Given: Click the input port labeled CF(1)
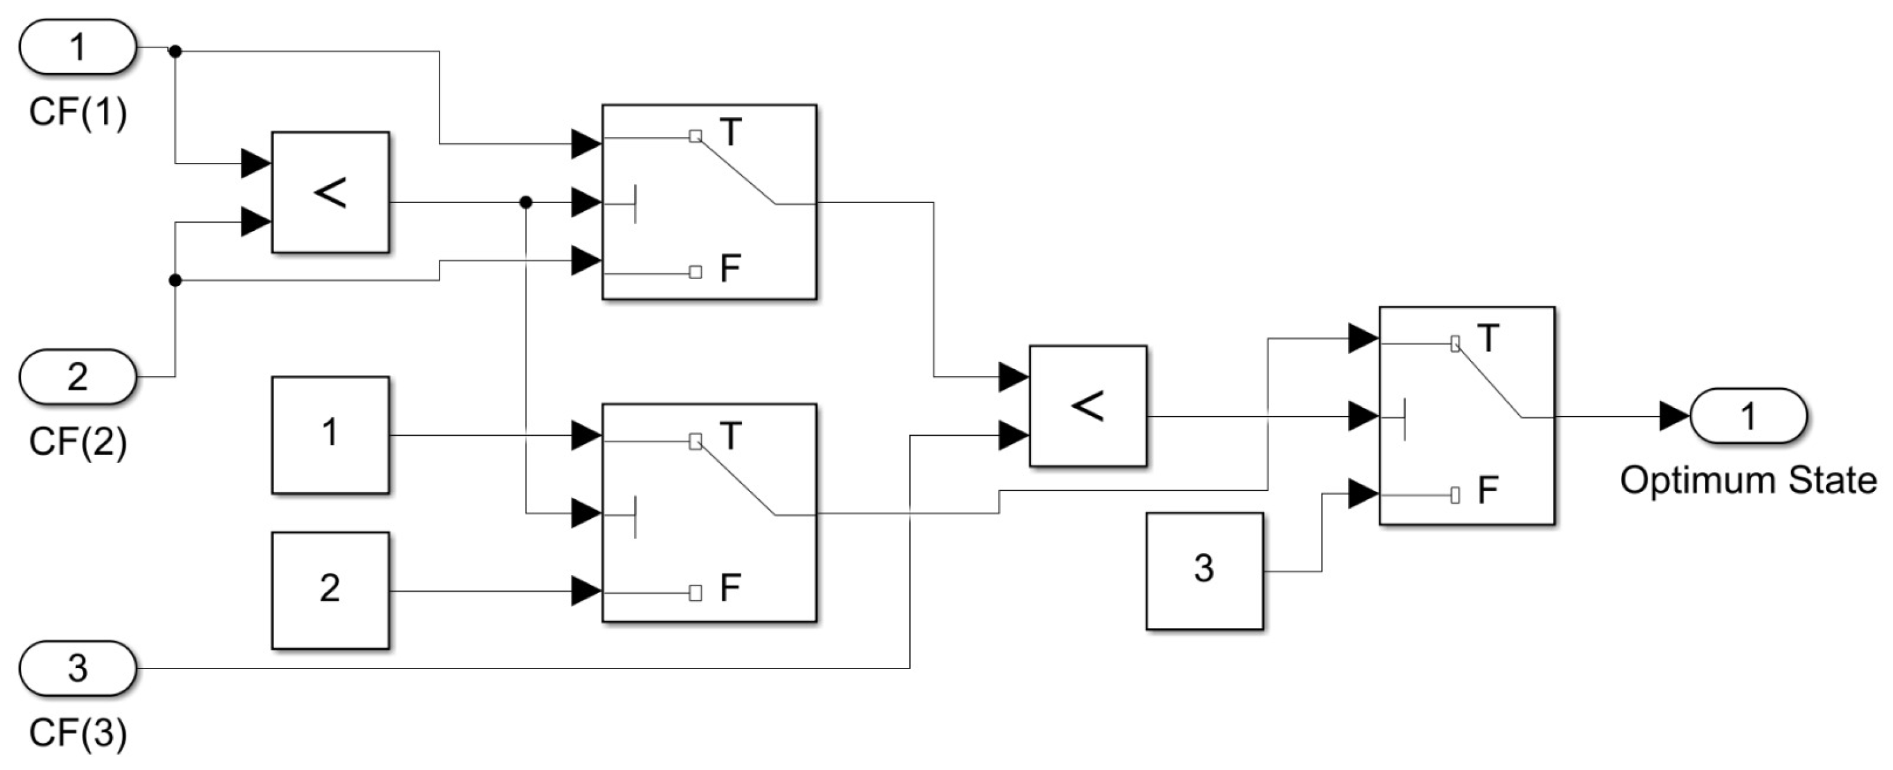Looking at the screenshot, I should click(x=77, y=48).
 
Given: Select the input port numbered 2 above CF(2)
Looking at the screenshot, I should click(x=77, y=377).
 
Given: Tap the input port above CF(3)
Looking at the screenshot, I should click(x=77, y=669).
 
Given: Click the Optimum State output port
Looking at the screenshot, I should click(x=1748, y=416).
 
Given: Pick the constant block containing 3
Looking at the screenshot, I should click(x=1204, y=571).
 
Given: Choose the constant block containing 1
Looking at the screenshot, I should click(x=330, y=435).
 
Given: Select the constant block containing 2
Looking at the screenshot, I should click(x=330, y=590).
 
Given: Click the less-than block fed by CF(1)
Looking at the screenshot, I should click(x=330, y=193).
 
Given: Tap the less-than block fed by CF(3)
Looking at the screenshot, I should click(x=1088, y=405).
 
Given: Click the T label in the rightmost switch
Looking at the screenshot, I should click(x=1487, y=339).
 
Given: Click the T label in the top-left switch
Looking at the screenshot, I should click(x=731, y=133).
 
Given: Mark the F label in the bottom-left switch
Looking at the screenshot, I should click(x=730, y=588).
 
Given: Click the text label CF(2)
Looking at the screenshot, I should click(x=77, y=442).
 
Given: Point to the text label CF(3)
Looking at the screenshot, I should click(x=77, y=733).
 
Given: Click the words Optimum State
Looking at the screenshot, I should click(x=1748, y=481).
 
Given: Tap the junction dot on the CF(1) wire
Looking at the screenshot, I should click(x=175, y=51).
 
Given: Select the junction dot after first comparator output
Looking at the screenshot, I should click(x=526, y=202).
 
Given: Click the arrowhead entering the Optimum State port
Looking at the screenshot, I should click(x=1675, y=417).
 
